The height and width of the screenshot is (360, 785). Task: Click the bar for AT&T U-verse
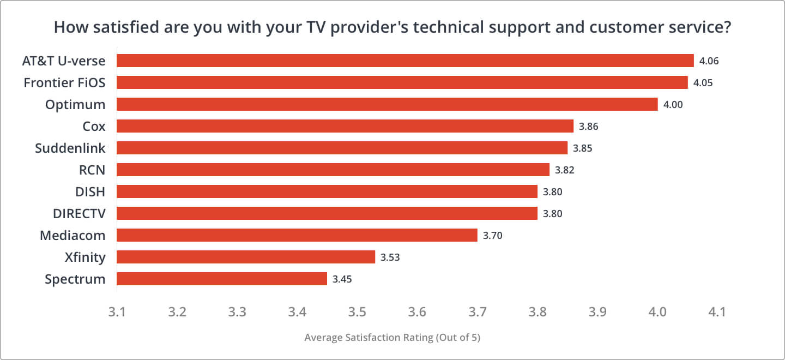tap(405, 61)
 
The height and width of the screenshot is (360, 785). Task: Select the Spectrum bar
tap(222, 279)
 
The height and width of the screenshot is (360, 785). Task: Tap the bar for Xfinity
tap(246, 257)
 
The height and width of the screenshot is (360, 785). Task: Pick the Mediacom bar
tap(297, 235)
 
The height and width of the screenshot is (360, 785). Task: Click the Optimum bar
tap(387, 104)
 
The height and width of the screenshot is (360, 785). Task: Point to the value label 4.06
tap(709, 61)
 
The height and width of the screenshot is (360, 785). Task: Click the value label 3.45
tap(342, 279)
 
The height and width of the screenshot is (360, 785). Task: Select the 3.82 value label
tap(565, 170)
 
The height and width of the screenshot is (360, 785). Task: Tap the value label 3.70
tap(492, 236)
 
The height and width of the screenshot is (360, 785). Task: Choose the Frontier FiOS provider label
tap(64, 83)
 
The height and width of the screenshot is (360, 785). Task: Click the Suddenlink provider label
tap(70, 148)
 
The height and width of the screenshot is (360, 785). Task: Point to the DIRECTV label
tap(79, 214)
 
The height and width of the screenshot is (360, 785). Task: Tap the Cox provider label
tap(94, 127)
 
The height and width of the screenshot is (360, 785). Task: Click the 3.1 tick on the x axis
tap(117, 312)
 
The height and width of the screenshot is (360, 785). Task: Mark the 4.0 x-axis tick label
tap(657, 312)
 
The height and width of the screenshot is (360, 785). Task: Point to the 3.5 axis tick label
tap(357, 312)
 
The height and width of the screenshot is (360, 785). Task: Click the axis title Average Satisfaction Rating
tap(392, 338)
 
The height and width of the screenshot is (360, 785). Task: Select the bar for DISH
tap(327, 191)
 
